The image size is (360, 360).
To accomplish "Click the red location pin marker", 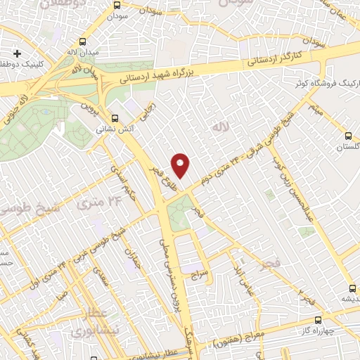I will click(181, 165).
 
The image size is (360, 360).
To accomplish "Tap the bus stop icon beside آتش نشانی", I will click(115, 117).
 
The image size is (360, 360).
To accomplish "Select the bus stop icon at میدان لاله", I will click(84, 41).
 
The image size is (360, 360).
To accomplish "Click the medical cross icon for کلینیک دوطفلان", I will click(18, 53).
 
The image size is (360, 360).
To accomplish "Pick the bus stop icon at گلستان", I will click(347, 136).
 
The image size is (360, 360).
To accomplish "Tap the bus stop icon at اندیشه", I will click(352, 288).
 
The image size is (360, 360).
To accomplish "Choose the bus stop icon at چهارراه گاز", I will click(319, 319).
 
